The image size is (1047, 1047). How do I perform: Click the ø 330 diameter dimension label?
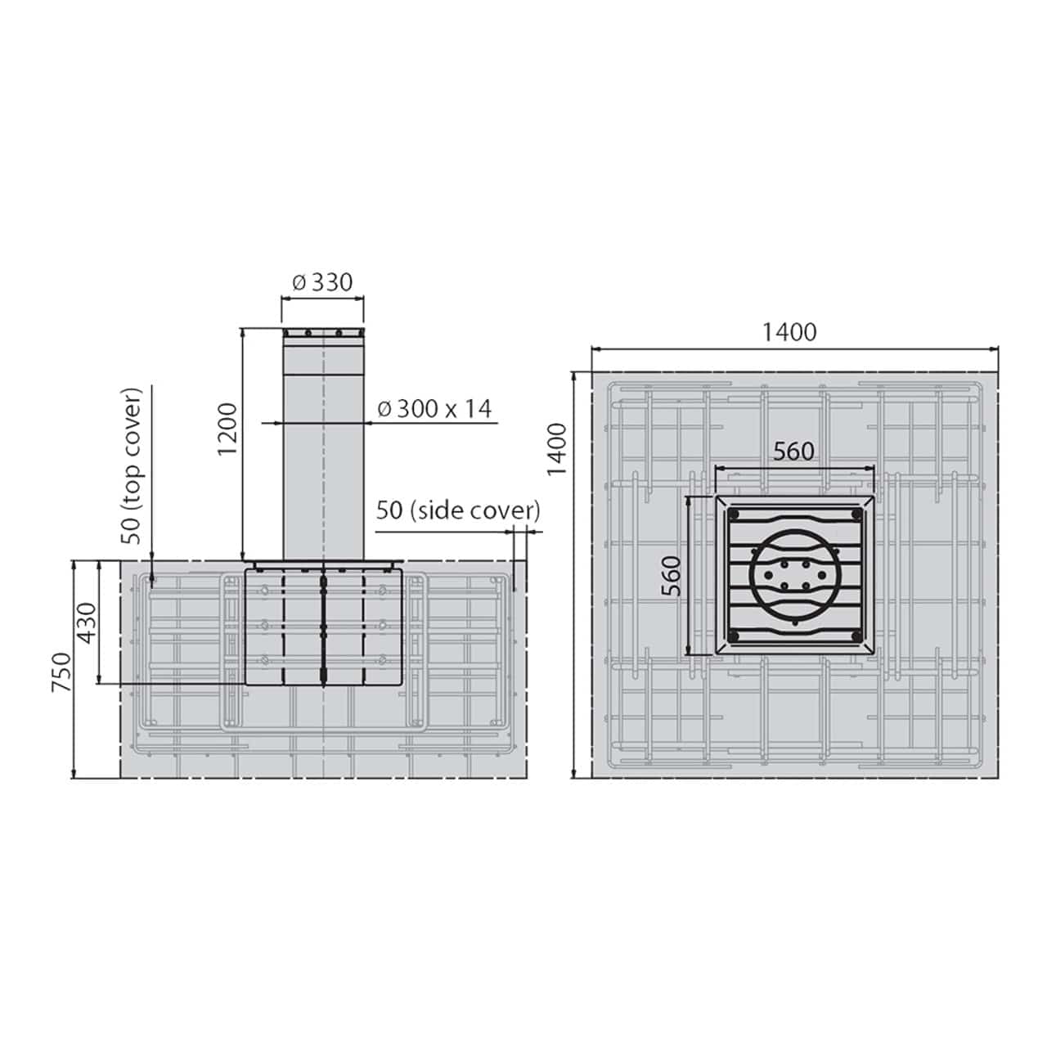pyautogui.click(x=322, y=282)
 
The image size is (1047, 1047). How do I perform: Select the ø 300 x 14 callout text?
pyautogui.click(x=436, y=408)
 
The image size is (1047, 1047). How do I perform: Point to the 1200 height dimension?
pyautogui.click(x=228, y=429)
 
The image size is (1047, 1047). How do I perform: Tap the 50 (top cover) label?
pyautogui.click(x=132, y=465)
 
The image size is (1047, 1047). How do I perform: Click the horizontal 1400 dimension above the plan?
pyautogui.click(x=789, y=332)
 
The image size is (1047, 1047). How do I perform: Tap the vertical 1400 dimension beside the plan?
pyautogui.click(x=557, y=448)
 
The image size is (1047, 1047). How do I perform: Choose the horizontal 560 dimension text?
pyautogui.click(x=793, y=451)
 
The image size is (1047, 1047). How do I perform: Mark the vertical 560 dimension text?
pyautogui.click(x=671, y=575)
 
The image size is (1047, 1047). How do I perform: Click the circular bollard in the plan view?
pyautogui.click(x=793, y=575)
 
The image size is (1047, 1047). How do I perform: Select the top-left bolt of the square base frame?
pyautogui.click(x=734, y=515)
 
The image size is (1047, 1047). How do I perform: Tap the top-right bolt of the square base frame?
pyautogui.click(x=856, y=515)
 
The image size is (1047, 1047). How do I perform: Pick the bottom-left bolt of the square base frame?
pyautogui.click(x=734, y=636)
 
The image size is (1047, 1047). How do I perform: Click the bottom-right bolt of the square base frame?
pyautogui.click(x=856, y=636)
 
